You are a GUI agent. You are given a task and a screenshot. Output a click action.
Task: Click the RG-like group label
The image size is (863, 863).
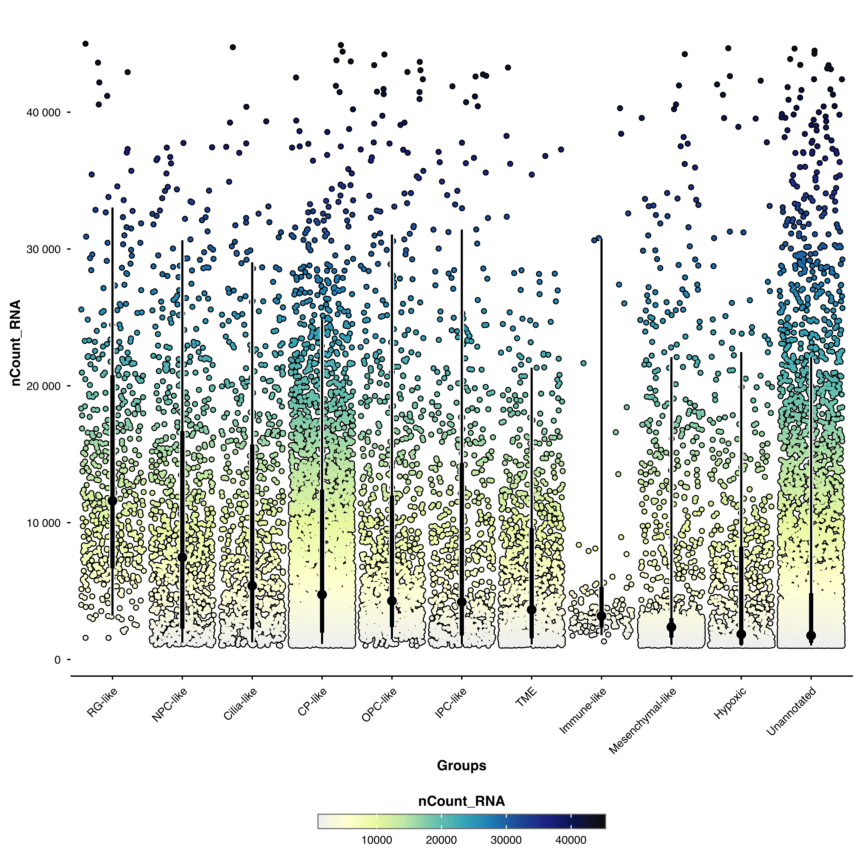(102, 703)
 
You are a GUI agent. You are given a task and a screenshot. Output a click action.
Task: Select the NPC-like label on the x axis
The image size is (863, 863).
(170, 705)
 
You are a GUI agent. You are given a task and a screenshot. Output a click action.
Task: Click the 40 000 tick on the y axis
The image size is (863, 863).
(43, 113)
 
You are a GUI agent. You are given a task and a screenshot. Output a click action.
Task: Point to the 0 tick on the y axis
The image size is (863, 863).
(57, 660)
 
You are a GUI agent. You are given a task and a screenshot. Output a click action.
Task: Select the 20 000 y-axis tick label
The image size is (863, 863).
(43, 386)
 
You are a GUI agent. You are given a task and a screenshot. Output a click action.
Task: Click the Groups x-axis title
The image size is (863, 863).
(461, 766)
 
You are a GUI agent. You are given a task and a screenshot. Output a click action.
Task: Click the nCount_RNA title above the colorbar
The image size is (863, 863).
(461, 801)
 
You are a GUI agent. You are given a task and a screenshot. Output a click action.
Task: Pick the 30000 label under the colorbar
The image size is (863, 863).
(506, 840)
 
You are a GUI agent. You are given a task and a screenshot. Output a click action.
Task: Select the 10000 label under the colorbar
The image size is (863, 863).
(377, 840)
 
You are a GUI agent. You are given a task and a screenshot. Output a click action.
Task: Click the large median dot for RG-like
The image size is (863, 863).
(112, 501)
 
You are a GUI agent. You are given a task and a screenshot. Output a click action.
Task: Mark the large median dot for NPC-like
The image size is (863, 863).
(182, 557)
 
